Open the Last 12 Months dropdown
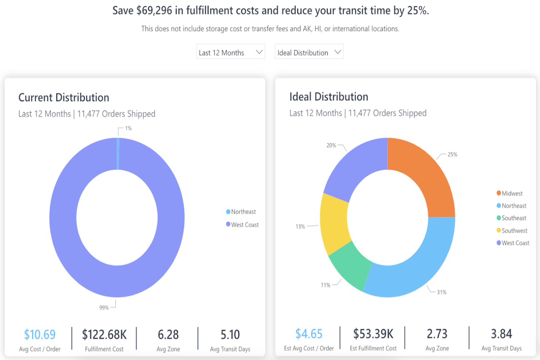(x=231, y=51)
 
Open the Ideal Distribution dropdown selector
(x=309, y=51)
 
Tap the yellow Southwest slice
(x=334, y=224)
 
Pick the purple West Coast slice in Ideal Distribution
(x=357, y=166)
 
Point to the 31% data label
(x=441, y=292)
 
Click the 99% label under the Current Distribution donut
(x=104, y=308)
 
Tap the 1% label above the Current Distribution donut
(x=128, y=128)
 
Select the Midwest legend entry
(x=510, y=193)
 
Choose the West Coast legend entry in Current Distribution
(x=242, y=225)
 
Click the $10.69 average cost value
(x=40, y=334)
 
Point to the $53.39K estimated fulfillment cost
(x=373, y=334)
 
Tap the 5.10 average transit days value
(x=230, y=334)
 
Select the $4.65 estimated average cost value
(x=309, y=334)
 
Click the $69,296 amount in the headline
(x=154, y=10)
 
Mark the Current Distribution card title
(x=64, y=98)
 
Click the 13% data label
(x=300, y=227)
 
